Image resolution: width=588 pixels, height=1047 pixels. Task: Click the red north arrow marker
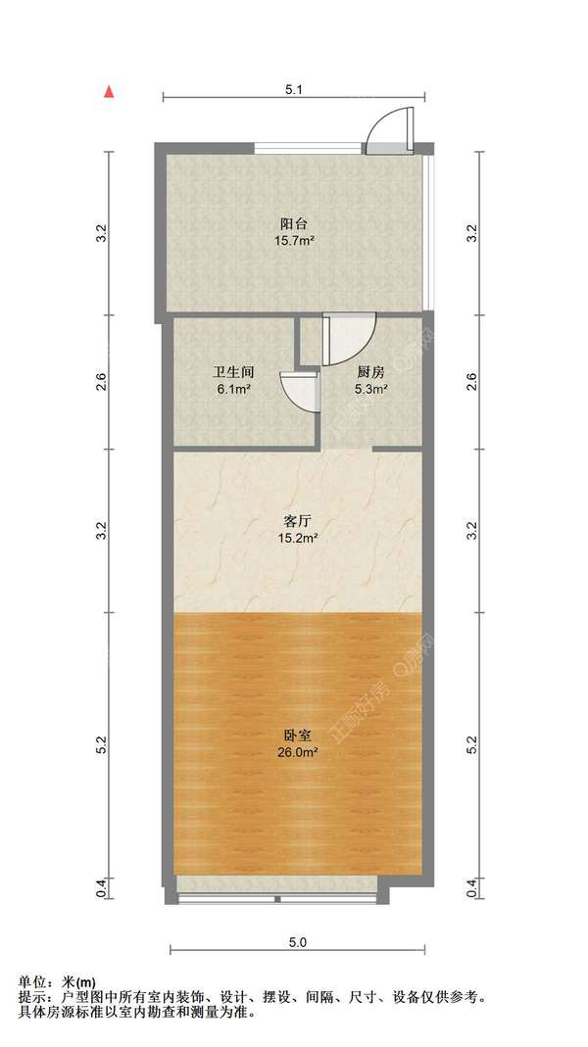pyautogui.click(x=112, y=92)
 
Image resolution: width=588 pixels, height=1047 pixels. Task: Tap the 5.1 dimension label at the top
pyautogui.click(x=294, y=89)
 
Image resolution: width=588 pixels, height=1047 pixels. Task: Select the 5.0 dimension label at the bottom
pyautogui.click(x=298, y=942)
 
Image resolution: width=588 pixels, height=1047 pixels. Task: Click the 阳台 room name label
pyautogui.click(x=290, y=222)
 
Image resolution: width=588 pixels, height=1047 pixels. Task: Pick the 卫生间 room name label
pyautogui.click(x=234, y=372)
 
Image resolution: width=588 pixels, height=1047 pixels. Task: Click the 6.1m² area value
pyautogui.click(x=234, y=389)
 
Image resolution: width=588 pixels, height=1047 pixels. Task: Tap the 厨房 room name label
pyautogui.click(x=369, y=372)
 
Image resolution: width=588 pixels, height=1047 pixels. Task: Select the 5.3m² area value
pyautogui.click(x=370, y=389)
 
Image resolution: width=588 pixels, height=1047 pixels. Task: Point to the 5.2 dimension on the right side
pyautogui.click(x=473, y=745)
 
